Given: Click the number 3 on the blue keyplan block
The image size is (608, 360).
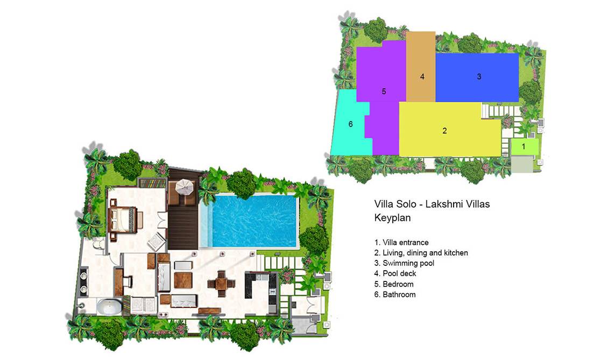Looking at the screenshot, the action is coord(479,76).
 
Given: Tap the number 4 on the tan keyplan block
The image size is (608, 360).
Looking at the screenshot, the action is coord(422,76).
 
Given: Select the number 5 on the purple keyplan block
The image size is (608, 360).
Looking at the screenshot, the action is coord(384,91).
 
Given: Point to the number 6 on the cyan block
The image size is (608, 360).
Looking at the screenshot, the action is coord(350,124).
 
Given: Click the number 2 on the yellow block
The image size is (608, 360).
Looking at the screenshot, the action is coord(444,131).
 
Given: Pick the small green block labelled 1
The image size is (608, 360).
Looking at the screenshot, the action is coord(525,147).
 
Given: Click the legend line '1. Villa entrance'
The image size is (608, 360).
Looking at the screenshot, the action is coord(401,243).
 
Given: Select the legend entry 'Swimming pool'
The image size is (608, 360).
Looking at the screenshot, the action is coord(408,263).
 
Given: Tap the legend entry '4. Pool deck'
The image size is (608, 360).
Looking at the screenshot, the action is coord(395,273).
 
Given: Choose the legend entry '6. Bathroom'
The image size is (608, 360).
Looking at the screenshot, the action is coord(395,294).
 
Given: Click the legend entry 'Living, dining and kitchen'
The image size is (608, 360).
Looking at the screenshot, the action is coord(426,253).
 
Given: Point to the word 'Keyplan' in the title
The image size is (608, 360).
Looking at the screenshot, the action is coord(392,217).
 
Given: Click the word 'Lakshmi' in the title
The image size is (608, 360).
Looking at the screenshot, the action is coord(442,203).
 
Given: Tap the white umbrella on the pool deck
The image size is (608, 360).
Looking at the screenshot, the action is coord(185,187).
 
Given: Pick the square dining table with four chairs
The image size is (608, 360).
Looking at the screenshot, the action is coord(221,284).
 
